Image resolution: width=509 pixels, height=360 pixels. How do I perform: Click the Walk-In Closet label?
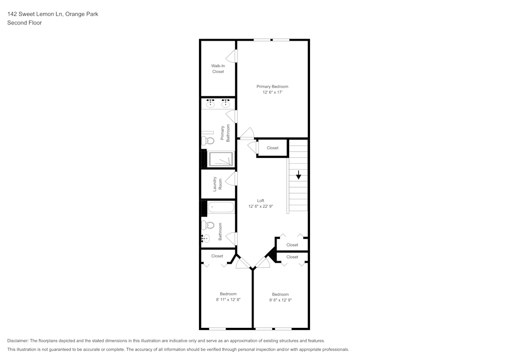click(218, 69)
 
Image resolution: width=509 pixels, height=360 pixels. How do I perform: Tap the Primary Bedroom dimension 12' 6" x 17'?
click(272, 93)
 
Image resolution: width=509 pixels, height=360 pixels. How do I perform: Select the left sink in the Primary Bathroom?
click(210, 104)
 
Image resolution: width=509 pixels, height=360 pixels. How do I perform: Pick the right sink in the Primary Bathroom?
click(225, 104)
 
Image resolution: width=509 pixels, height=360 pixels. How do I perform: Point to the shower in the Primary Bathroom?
click(221, 159)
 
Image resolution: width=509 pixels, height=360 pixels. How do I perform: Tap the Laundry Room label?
click(217, 184)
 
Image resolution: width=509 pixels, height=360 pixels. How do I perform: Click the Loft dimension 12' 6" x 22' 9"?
click(260, 206)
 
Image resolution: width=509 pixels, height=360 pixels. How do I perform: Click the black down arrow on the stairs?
click(298, 176)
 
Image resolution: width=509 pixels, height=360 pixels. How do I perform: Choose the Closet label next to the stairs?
click(272, 148)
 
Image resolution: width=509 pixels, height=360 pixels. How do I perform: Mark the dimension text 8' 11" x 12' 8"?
click(228, 300)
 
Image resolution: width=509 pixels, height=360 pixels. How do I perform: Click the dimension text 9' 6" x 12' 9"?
click(280, 300)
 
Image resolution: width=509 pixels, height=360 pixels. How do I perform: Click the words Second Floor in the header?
click(24, 23)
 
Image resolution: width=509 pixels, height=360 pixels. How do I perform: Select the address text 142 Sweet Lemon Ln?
click(34, 14)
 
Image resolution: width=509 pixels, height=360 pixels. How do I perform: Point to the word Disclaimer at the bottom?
click(18, 341)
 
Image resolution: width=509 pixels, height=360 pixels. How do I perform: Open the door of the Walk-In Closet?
click(235, 56)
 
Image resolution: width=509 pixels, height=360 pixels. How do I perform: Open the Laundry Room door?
click(235, 178)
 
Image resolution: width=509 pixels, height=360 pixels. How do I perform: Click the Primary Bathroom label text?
click(225, 133)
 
